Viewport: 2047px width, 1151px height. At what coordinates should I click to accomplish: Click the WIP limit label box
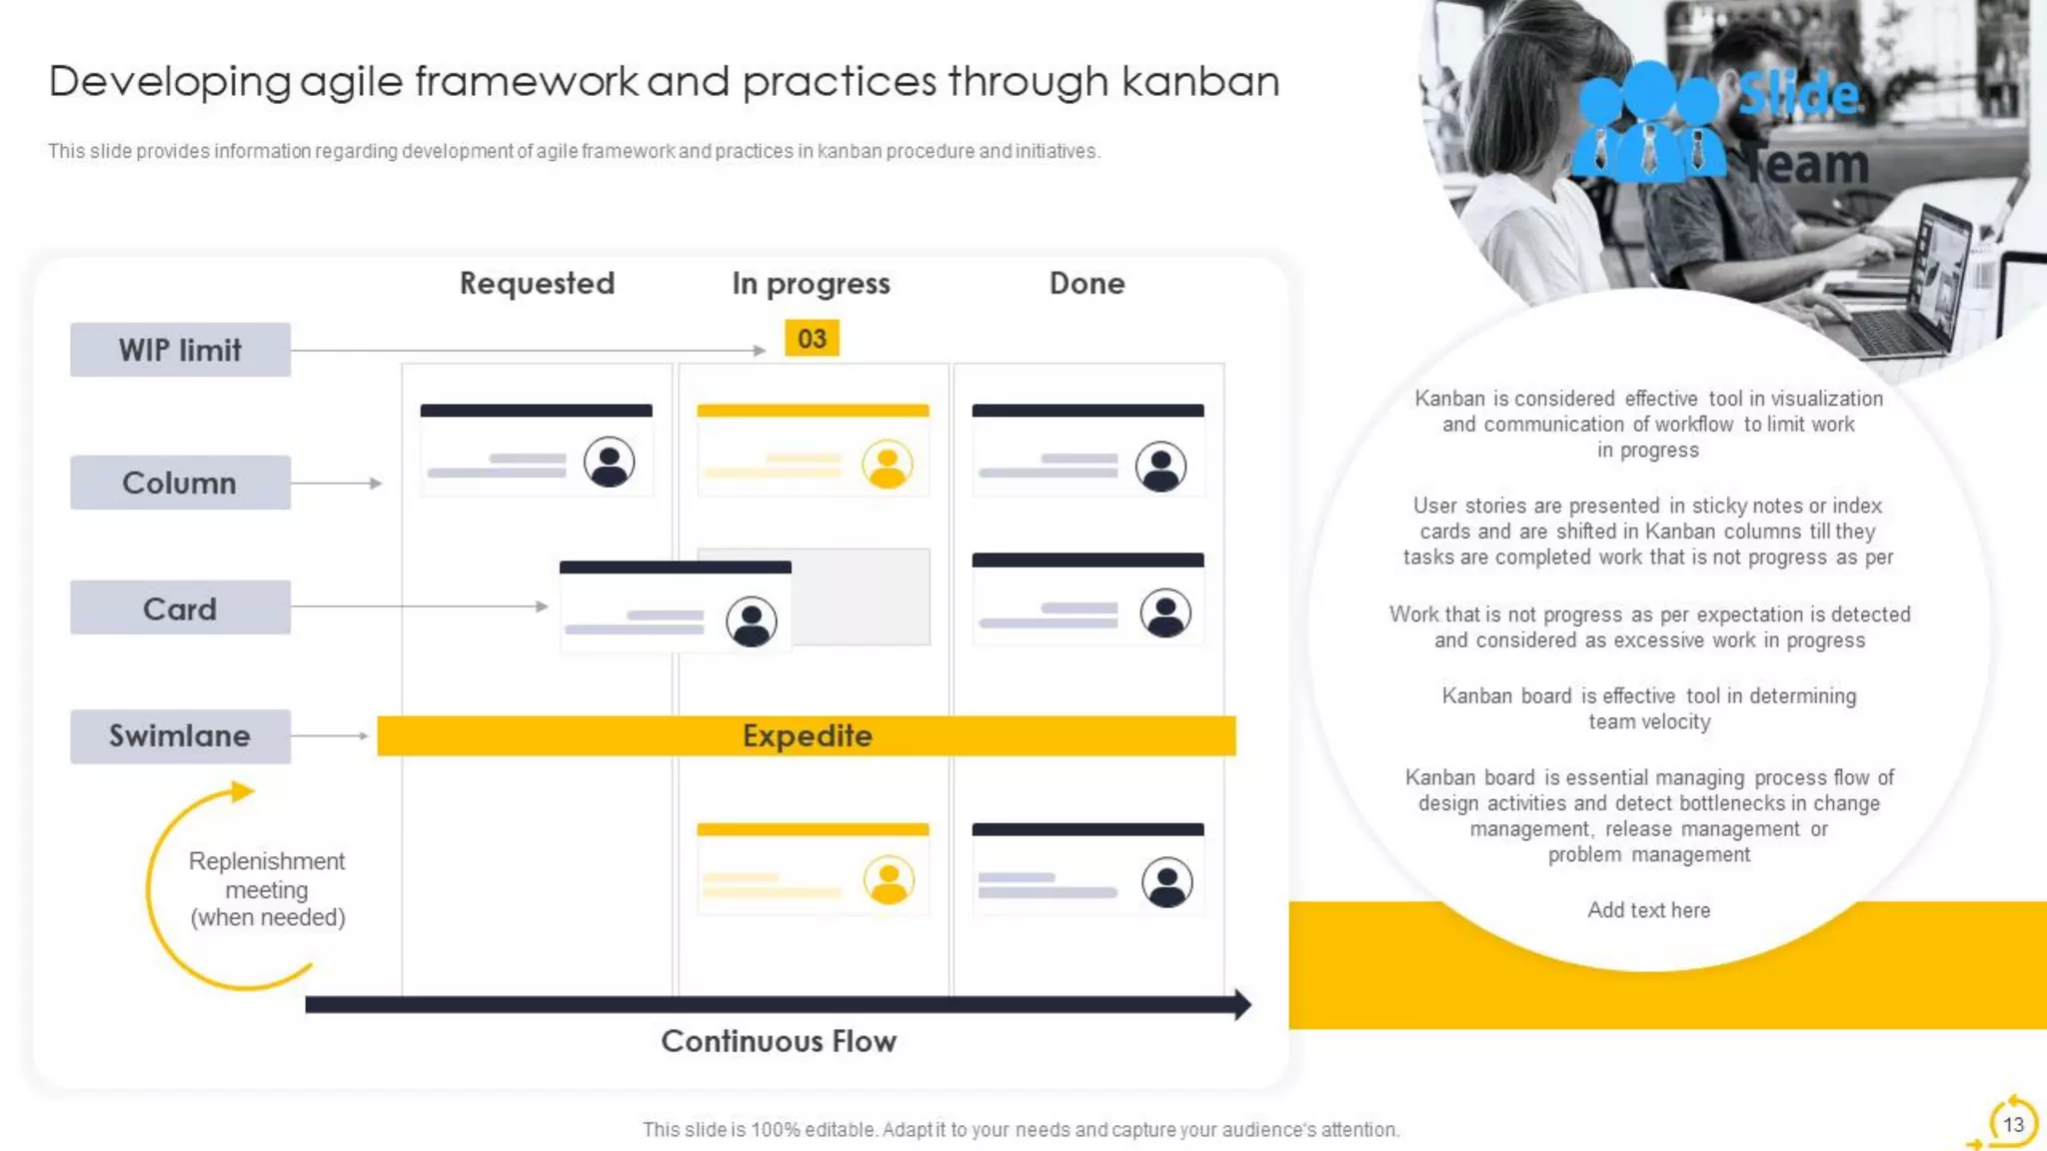(x=180, y=350)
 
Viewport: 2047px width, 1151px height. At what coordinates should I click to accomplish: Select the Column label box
(x=180, y=483)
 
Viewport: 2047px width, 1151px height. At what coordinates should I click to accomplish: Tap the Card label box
(x=180, y=608)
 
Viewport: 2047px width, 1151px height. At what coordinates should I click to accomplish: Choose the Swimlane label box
(x=180, y=736)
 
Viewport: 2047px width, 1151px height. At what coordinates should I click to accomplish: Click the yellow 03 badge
(x=812, y=339)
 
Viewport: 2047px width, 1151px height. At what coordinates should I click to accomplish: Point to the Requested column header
(x=537, y=284)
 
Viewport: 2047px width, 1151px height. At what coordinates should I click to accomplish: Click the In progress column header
(x=811, y=284)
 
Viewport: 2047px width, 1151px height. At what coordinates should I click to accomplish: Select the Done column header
(x=1086, y=284)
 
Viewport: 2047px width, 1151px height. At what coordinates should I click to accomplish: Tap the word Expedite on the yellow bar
(x=807, y=736)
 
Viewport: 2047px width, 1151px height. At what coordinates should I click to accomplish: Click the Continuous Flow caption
(x=779, y=1041)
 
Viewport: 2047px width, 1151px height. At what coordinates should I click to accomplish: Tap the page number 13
(x=2013, y=1124)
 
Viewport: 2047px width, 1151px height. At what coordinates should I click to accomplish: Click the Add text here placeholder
(x=1648, y=910)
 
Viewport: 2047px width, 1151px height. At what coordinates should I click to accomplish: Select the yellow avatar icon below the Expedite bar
(x=889, y=881)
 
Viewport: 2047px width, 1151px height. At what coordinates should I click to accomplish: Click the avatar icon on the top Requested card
(x=609, y=463)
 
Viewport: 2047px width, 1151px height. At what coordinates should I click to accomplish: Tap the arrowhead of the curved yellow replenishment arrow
(x=243, y=792)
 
